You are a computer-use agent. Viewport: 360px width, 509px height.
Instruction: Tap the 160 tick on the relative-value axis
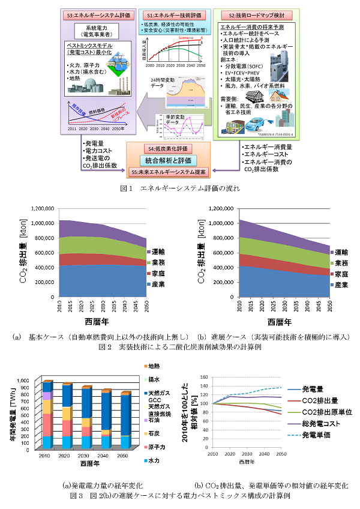click(202, 377)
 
